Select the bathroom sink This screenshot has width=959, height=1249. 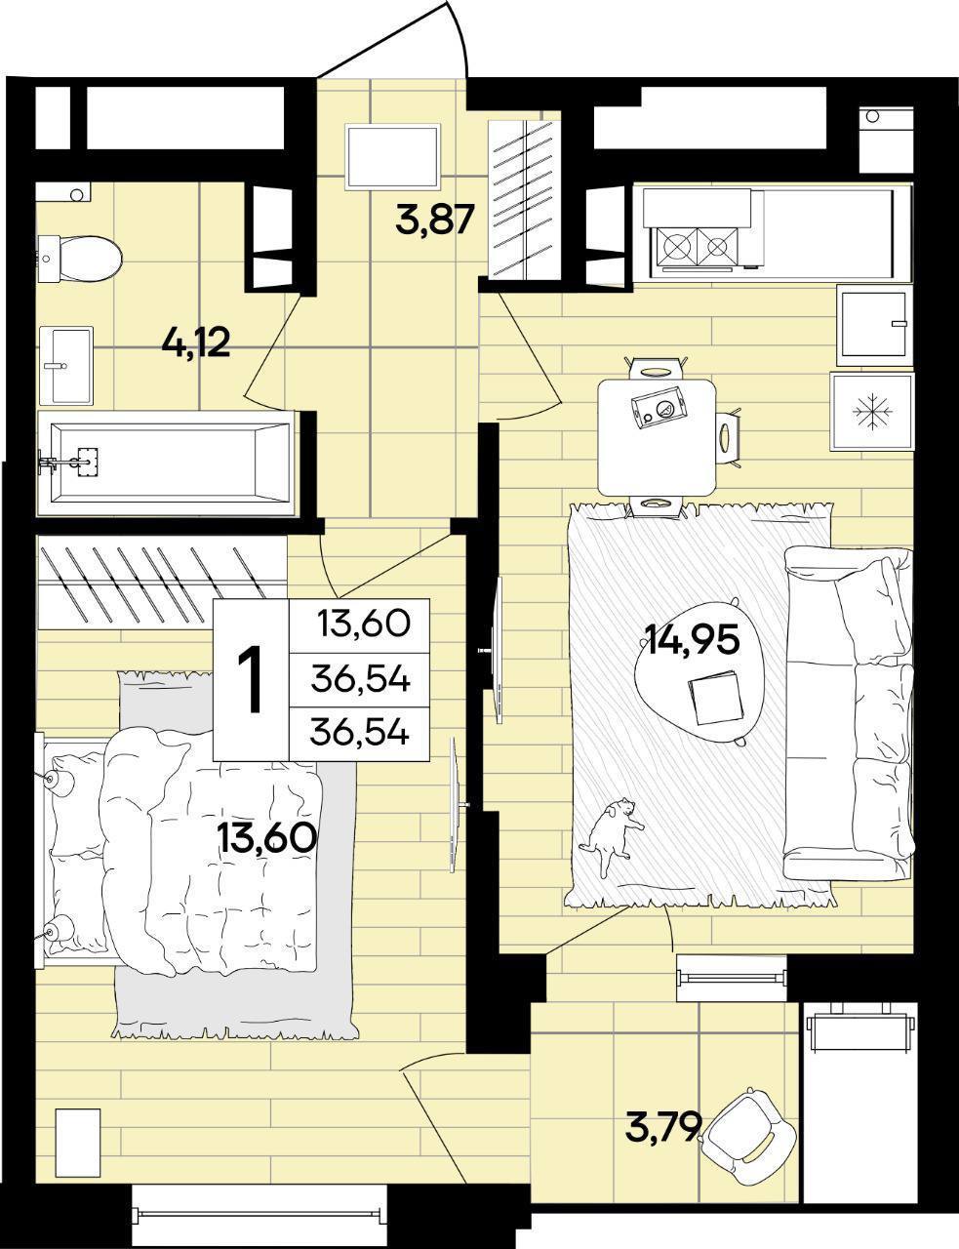[65, 365]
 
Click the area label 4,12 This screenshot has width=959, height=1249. [196, 344]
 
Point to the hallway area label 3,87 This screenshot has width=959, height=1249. [435, 220]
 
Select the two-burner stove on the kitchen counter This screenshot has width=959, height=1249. [697, 247]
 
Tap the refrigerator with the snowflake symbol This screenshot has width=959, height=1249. [871, 412]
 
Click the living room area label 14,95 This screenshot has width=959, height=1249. [693, 639]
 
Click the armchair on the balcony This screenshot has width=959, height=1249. [748, 1124]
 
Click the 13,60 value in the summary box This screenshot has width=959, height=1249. [364, 624]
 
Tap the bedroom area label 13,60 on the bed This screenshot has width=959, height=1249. [266, 837]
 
